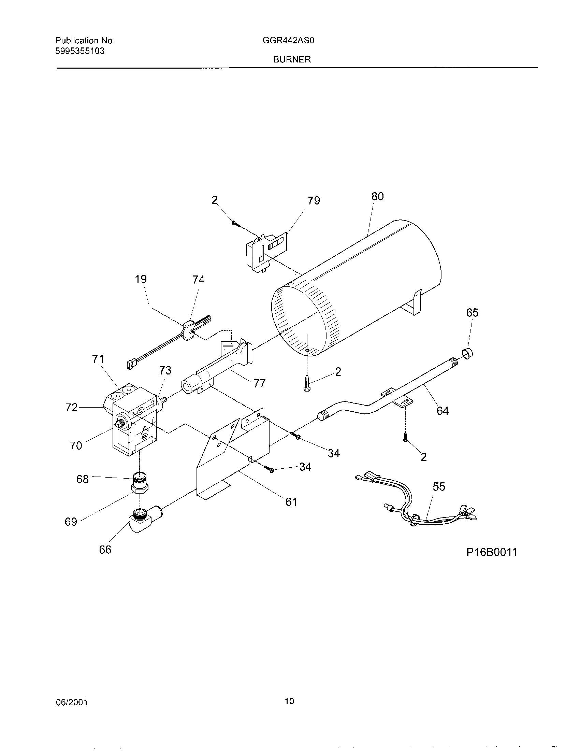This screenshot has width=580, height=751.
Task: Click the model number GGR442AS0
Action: tap(288, 41)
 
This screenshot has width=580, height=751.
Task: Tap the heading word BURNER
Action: tap(292, 59)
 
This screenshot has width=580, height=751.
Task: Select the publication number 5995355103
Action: tap(80, 51)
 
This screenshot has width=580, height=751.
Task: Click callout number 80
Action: tap(377, 196)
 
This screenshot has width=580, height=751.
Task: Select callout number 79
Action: tap(314, 200)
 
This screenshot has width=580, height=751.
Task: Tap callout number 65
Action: tap(472, 313)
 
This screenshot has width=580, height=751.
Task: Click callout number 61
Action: tap(291, 502)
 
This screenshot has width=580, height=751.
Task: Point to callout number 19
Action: tap(141, 279)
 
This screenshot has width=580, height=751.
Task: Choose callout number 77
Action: tap(259, 383)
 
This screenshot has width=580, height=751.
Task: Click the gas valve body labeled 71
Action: tap(134, 420)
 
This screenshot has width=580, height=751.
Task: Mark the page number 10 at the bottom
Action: tap(290, 701)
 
